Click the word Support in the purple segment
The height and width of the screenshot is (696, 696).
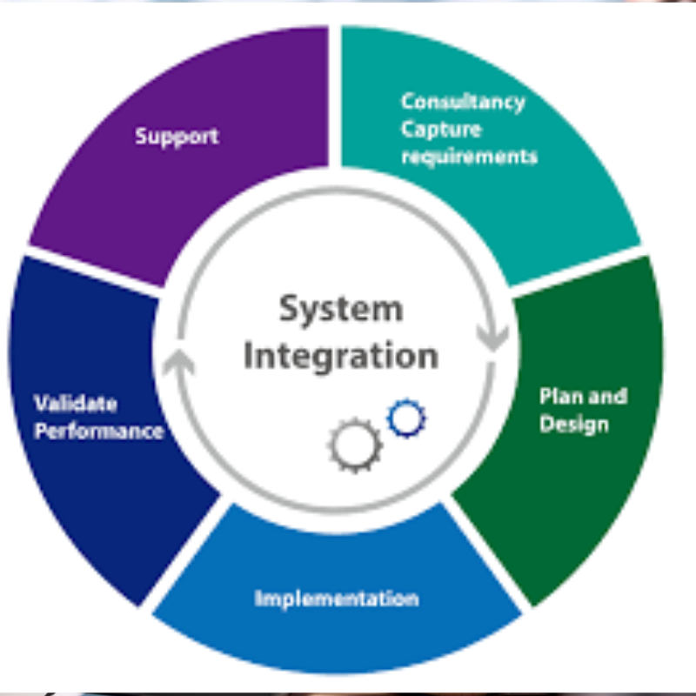click(x=177, y=137)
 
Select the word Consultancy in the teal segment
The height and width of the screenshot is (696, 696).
click(x=463, y=102)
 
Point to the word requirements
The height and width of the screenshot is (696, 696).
click(x=469, y=157)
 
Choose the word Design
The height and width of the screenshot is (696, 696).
click(x=573, y=425)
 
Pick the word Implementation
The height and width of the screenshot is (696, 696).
click(x=337, y=599)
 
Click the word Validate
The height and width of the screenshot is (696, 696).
click(x=76, y=404)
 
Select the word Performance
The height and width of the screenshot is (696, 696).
click(x=98, y=431)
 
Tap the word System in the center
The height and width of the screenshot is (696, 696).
click(x=340, y=309)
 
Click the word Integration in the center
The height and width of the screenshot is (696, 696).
click(x=340, y=356)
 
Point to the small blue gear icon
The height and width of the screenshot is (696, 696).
click(x=406, y=418)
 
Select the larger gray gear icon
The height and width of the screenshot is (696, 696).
click(x=354, y=445)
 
